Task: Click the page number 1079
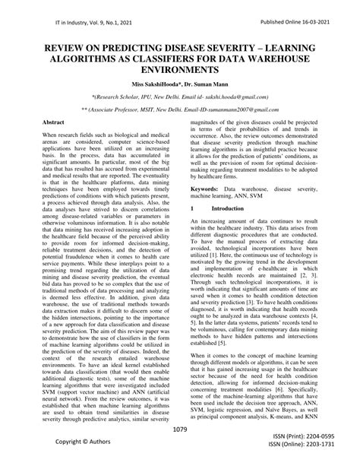[x=179, y=430]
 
